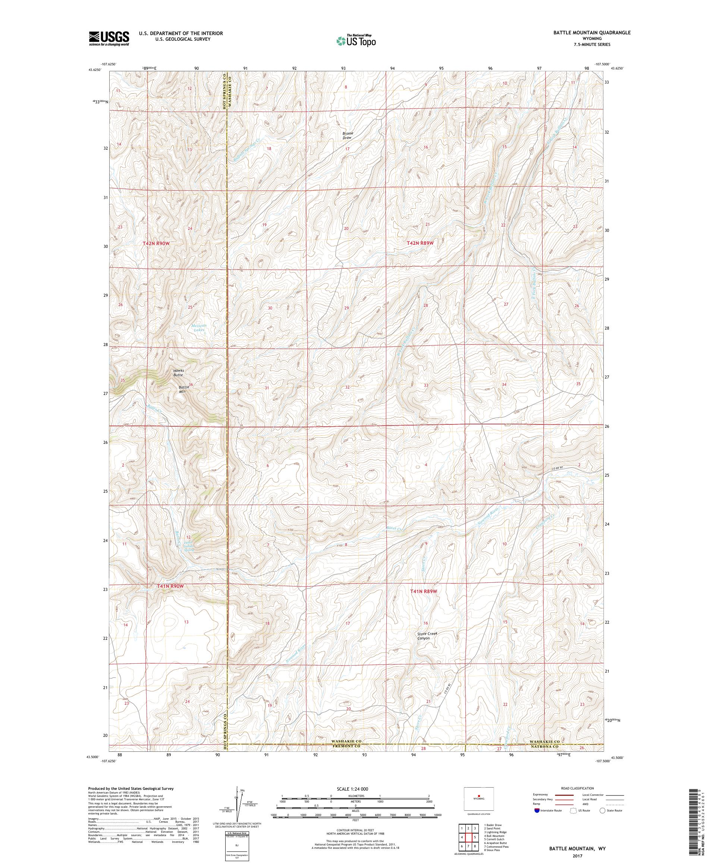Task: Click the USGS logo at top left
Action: coord(109,38)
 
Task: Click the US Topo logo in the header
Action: coord(356,40)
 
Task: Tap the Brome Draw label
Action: coord(348,135)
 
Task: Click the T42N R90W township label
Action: coord(156,244)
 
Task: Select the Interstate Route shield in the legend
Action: coord(536,810)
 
